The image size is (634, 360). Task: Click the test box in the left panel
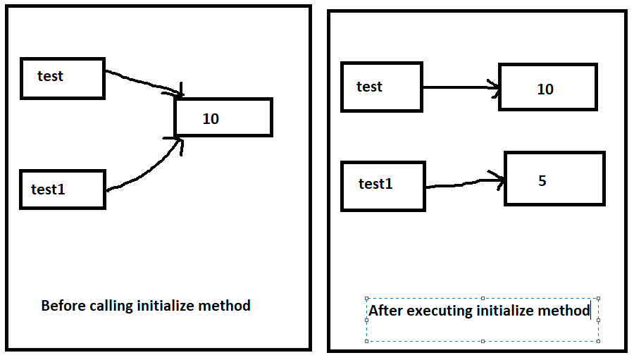(x=63, y=78)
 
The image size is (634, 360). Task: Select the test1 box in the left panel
(x=63, y=190)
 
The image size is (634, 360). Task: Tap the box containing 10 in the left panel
(x=223, y=118)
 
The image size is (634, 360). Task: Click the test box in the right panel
(x=381, y=87)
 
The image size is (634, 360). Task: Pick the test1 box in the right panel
(x=383, y=186)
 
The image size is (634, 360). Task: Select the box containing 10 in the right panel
(x=547, y=87)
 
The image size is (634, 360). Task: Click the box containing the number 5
(x=554, y=179)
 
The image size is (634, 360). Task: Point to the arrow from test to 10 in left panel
(x=144, y=80)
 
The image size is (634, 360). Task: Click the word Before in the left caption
(x=64, y=306)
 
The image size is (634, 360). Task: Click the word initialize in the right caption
(x=511, y=311)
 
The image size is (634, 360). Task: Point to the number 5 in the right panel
(x=542, y=181)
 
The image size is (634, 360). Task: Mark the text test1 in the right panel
(x=375, y=184)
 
